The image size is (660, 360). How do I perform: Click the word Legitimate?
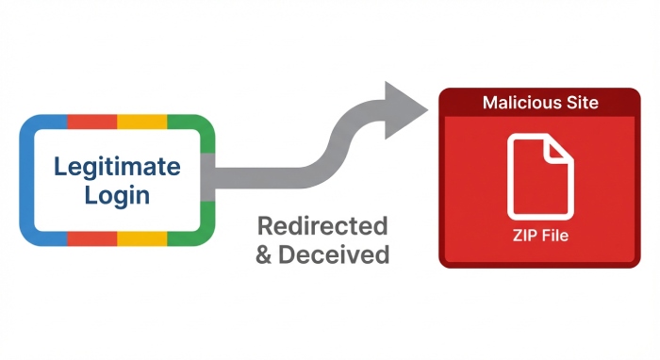tap(117, 168)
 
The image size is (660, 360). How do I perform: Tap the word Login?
tap(117, 196)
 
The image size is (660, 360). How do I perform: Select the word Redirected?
tap(322, 226)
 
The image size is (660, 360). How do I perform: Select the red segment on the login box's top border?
tap(91, 122)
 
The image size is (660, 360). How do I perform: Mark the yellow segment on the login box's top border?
tap(141, 122)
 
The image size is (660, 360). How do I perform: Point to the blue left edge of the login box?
tap(26, 179)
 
